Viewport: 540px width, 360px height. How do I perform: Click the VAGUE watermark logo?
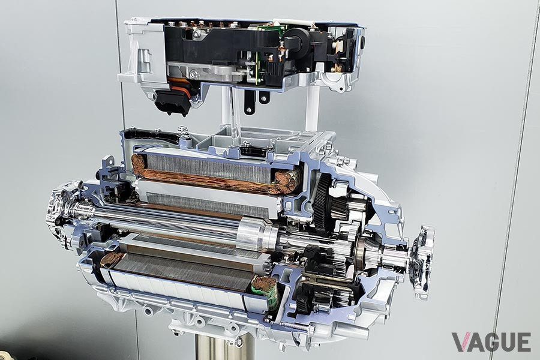pos(491,342)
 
